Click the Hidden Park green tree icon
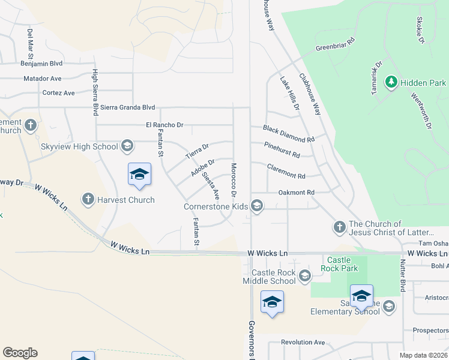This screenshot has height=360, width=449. (391, 81)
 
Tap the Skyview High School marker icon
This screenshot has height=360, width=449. (127, 145)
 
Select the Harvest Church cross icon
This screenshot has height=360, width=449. (88, 199)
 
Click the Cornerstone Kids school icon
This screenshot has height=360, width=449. (257, 206)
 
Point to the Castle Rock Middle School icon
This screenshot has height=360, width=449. (304, 276)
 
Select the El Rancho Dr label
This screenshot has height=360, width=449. (164, 125)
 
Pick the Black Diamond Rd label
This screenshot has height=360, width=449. (289, 134)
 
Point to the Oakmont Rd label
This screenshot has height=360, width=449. (296, 193)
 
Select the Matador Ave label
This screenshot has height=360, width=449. (42, 79)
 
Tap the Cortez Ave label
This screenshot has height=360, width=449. (58, 93)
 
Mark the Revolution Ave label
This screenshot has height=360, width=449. (303, 343)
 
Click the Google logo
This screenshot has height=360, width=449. (20, 353)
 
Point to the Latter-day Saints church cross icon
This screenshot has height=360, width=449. (339, 227)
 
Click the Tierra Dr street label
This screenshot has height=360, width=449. (197, 149)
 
